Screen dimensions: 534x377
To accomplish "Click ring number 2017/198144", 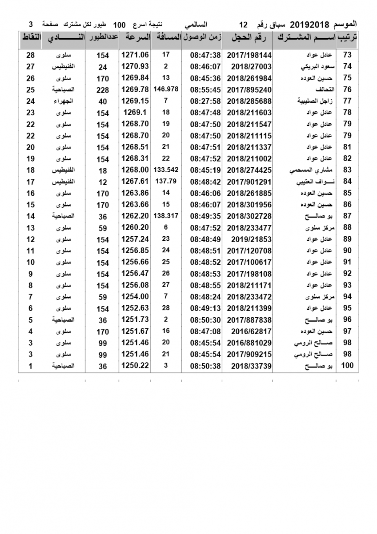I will (249, 55).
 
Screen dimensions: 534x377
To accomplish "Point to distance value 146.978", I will (166, 89).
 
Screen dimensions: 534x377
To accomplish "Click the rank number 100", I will (347, 366).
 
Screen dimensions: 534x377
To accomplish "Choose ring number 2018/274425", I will (249, 170).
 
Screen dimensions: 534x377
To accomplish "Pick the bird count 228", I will (103, 90).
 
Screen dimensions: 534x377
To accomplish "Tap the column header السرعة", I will (136, 38).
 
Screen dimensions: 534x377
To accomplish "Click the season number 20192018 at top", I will (308, 23).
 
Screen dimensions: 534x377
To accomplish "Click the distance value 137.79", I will (166, 181).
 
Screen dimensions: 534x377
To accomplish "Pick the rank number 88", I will (347, 228).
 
